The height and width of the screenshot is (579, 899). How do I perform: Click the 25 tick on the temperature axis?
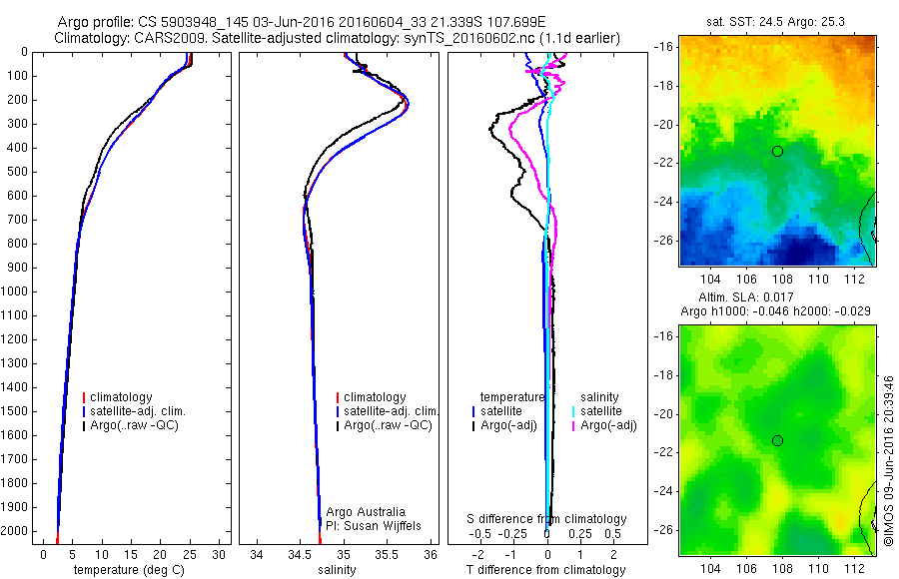tap(189, 555)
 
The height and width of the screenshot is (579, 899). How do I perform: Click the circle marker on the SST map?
tap(777, 151)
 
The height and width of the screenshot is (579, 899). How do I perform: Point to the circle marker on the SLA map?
tap(777, 440)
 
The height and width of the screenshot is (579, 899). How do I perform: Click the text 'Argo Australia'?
tap(367, 512)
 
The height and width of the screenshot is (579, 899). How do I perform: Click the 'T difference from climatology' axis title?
tap(546, 570)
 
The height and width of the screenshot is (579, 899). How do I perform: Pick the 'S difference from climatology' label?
tap(547, 519)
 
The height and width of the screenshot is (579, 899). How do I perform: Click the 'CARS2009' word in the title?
tap(163, 38)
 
